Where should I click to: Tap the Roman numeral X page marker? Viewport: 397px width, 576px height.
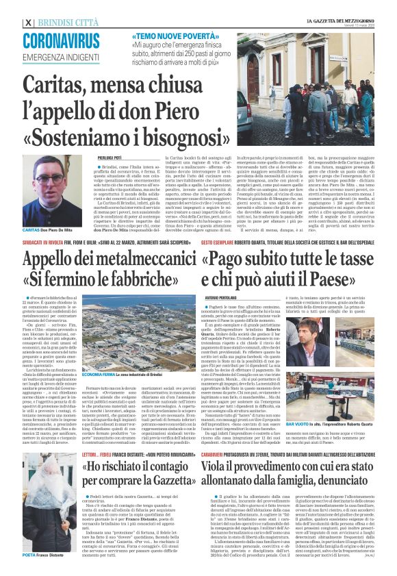[27, 21]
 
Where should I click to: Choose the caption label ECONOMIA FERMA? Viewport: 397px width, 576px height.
[97, 376]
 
